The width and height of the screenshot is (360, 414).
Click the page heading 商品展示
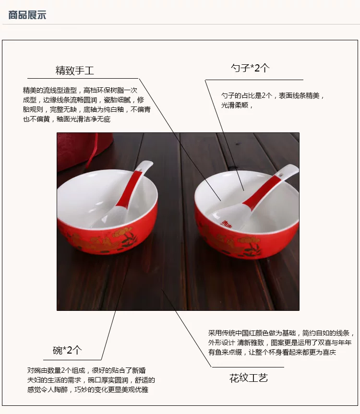(x=27, y=15)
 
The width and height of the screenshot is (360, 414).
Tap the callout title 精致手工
(x=75, y=71)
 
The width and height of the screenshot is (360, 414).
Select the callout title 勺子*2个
(x=250, y=68)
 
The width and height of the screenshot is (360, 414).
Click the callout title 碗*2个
(x=67, y=350)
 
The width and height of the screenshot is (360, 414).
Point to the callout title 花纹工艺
(x=249, y=378)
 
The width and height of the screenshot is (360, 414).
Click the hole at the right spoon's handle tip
(x=281, y=175)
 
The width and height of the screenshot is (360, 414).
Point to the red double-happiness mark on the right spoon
(x=226, y=225)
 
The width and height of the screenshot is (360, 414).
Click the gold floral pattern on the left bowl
(x=103, y=239)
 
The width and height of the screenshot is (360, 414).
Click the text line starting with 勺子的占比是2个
(x=273, y=95)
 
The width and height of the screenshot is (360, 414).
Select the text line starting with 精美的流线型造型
(x=80, y=90)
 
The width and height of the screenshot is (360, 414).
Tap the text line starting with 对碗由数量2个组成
(x=86, y=370)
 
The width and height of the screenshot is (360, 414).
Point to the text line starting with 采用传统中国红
(x=281, y=333)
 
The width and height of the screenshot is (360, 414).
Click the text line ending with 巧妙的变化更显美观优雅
(x=88, y=390)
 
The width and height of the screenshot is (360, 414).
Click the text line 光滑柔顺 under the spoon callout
(x=237, y=106)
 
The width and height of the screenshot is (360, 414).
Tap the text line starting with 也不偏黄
(x=67, y=119)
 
